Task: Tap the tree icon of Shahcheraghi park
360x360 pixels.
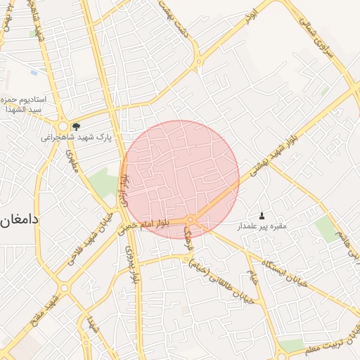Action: (x=76, y=127)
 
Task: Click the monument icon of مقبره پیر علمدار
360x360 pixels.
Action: (x=262, y=215)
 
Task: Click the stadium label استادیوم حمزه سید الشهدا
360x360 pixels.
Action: (x=25, y=105)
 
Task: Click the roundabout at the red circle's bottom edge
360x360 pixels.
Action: (x=191, y=219)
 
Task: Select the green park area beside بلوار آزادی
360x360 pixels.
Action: (x=104, y=181)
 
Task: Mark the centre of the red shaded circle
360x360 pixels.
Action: (x=181, y=179)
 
